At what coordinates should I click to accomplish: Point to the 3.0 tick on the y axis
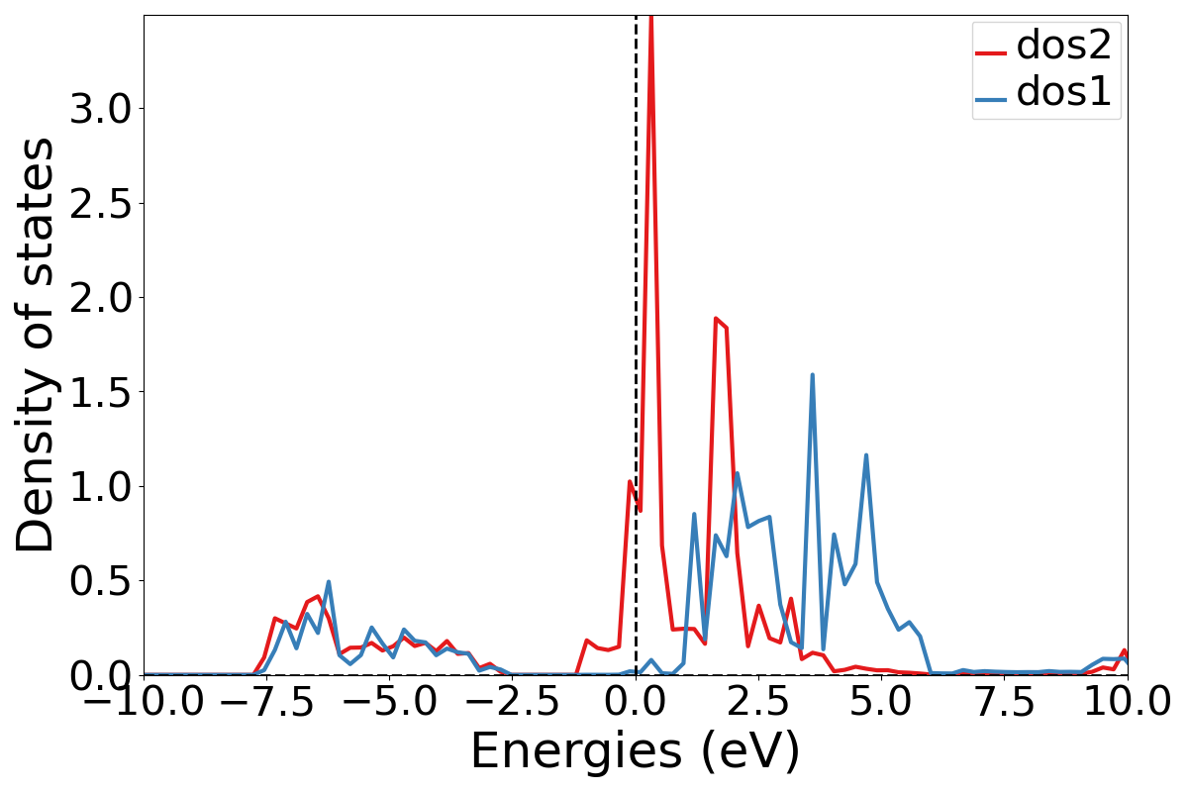[x=97, y=109]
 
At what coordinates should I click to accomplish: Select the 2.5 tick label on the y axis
[x=97, y=203]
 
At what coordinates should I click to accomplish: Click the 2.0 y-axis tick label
[x=97, y=297]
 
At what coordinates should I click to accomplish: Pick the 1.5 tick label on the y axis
[x=97, y=392]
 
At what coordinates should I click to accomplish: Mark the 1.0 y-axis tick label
[x=97, y=486]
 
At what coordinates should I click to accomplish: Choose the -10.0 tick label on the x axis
[x=144, y=703]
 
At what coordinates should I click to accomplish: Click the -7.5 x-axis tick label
[x=267, y=703]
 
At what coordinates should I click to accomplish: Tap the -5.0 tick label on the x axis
[x=390, y=703]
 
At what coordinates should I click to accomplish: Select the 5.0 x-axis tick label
[x=881, y=703]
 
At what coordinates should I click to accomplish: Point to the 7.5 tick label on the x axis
[x=1004, y=703]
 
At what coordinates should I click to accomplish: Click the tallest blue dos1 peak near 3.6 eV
[x=813, y=375]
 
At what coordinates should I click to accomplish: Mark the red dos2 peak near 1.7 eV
[x=715, y=319]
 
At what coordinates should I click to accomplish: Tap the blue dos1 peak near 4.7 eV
[x=866, y=455]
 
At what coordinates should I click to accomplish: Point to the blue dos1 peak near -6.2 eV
[x=328, y=582]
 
